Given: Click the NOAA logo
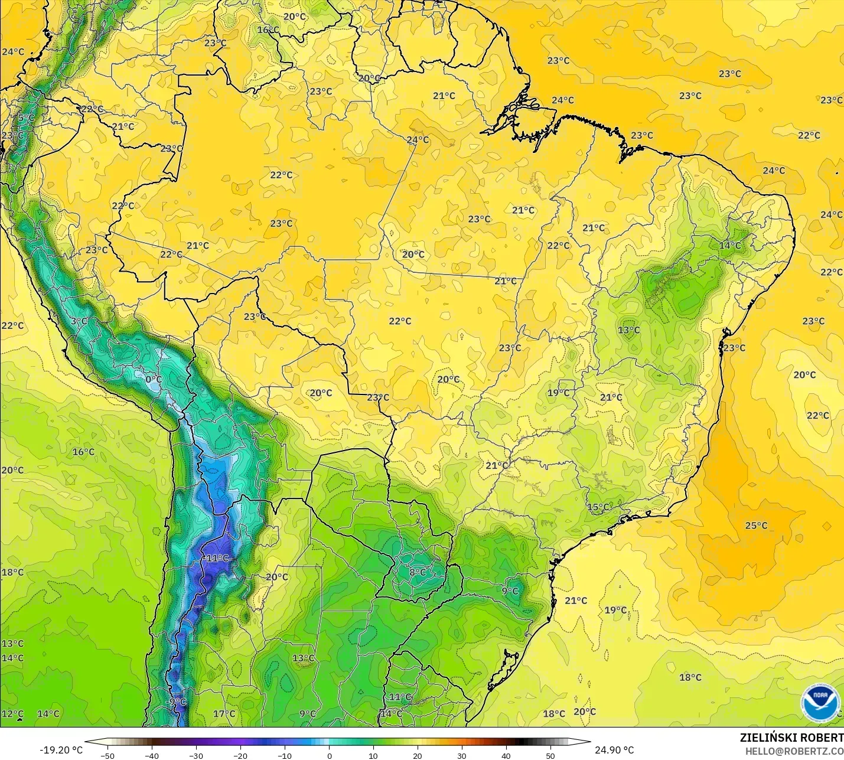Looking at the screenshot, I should [820, 703].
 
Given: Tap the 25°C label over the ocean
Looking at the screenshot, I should [756, 526].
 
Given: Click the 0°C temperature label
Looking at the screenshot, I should [154, 380].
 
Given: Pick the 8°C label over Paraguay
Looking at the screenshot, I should [418, 572].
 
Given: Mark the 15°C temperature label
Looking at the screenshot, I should [598, 507].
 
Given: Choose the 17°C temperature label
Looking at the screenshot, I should [224, 713].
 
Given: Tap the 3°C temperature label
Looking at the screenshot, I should [79, 321].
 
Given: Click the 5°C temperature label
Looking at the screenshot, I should [26, 118].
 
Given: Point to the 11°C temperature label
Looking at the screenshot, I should [400, 697].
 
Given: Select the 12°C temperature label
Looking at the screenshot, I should [12, 713].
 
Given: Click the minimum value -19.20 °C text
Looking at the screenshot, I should [61, 750].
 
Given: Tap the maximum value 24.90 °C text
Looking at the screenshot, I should [614, 750].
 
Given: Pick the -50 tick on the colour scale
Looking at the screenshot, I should [107, 755].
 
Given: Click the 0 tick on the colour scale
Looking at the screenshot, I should [329, 755].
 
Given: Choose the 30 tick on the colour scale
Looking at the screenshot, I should [462, 755].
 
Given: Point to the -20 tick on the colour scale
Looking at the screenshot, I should [240, 755].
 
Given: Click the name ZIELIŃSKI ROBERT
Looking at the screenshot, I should [791, 738].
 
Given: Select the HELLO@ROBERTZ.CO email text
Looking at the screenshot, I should [794, 751].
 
